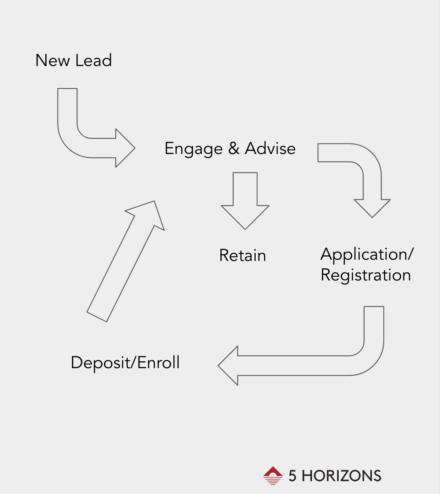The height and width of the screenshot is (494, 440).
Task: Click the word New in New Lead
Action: [52, 60]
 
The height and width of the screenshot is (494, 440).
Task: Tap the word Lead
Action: [93, 60]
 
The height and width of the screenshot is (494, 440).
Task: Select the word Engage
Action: [193, 149]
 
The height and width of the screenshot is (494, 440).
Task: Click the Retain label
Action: [242, 256]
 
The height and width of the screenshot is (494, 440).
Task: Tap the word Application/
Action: [367, 255]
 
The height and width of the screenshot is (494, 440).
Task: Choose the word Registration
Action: [366, 275]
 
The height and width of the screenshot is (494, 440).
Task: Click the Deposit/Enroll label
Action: [125, 363]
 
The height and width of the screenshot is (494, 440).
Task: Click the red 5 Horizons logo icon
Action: [273, 476]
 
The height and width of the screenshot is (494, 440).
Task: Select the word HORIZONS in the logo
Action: [341, 476]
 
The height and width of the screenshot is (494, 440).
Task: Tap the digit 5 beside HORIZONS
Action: [292, 476]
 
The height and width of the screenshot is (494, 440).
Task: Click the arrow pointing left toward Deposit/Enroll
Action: [310, 366]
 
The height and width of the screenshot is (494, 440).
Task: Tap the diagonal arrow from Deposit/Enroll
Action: [121, 267]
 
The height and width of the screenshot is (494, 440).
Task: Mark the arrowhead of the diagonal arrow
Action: [149, 214]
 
